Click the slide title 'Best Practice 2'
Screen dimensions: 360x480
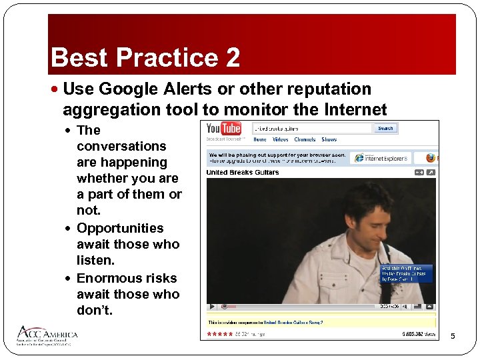(145, 57)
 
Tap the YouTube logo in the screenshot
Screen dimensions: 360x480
(223, 129)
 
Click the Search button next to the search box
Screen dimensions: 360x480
(385, 128)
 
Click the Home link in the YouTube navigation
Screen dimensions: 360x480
(259, 140)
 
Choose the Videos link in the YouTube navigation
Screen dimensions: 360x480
(280, 140)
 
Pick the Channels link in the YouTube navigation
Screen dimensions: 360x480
(305, 140)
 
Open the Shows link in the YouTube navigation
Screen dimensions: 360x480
(329, 140)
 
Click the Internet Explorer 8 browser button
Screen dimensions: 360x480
(383, 158)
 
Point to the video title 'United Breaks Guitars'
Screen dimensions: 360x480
(243, 172)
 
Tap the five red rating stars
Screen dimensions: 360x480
(218, 333)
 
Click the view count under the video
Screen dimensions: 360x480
(419, 333)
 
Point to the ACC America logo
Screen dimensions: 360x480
(47, 335)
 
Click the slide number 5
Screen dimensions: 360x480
(453, 335)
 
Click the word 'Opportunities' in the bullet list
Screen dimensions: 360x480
(120, 228)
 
